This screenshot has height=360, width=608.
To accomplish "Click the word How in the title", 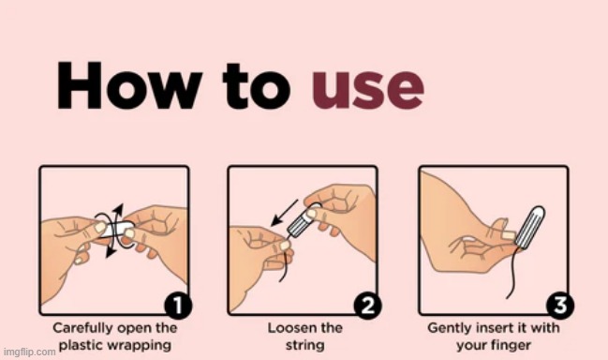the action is pyautogui.click(x=129, y=85).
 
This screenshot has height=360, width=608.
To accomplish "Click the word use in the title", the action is pyautogui.click(x=368, y=90).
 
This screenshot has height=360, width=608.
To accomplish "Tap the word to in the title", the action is pyautogui.click(x=257, y=86).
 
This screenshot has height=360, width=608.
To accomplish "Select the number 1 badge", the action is pyautogui.click(x=178, y=306).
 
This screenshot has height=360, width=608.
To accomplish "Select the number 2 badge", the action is pyautogui.click(x=367, y=306).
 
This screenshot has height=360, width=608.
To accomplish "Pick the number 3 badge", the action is pyautogui.click(x=560, y=305).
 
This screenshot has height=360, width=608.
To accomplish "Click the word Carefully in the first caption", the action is pyautogui.click(x=82, y=328).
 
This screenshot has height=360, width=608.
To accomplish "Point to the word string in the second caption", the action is pyautogui.click(x=305, y=345).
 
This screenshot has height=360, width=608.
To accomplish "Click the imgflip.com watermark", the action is pyautogui.click(x=29, y=352).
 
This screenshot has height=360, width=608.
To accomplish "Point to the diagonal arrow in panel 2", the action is pyautogui.click(x=284, y=213).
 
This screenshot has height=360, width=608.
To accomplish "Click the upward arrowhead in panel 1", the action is pyautogui.click(x=118, y=209).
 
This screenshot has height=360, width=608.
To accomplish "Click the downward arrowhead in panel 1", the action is pyautogui.click(x=111, y=251).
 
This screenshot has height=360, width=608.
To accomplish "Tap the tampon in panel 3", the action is pyautogui.click(x=529, y=227).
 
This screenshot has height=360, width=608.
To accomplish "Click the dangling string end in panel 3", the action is pyautogui.click(x=508, y=297).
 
